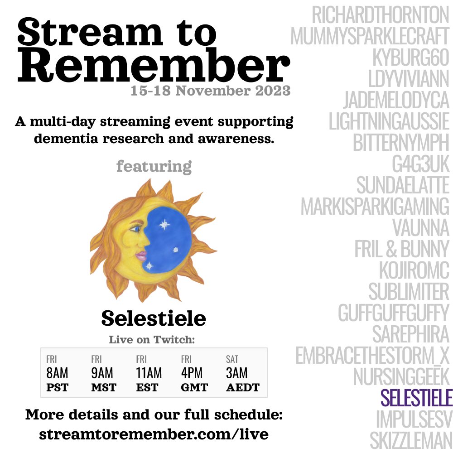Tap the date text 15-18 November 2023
tap(211, 91)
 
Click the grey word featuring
tap(154, 166)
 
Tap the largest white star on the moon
tap(164, 224)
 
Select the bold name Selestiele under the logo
tap(154, 318)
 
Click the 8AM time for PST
tap(57, 373)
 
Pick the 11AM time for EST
tap(149, 373)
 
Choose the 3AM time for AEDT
tap(236, 373)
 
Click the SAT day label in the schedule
tap(232, 360)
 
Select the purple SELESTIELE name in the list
tap(416, 399)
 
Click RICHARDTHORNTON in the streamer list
tap(380, 16)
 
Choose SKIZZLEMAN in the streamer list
tap(410, 440)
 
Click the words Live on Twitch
tap(154, 339)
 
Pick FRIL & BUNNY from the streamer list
tap(401, 249)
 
